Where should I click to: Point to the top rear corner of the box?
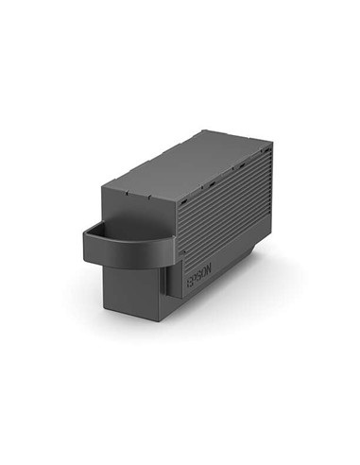click(x=272, y=145)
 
